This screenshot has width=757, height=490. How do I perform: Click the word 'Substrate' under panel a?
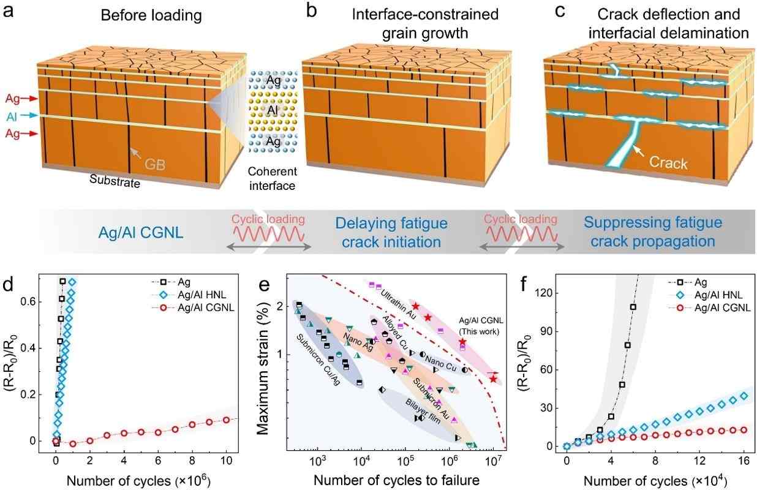pyautogui.click(x=115, y=181)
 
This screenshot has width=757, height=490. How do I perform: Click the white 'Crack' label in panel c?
pyautogui.click(x=668, y=164)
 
